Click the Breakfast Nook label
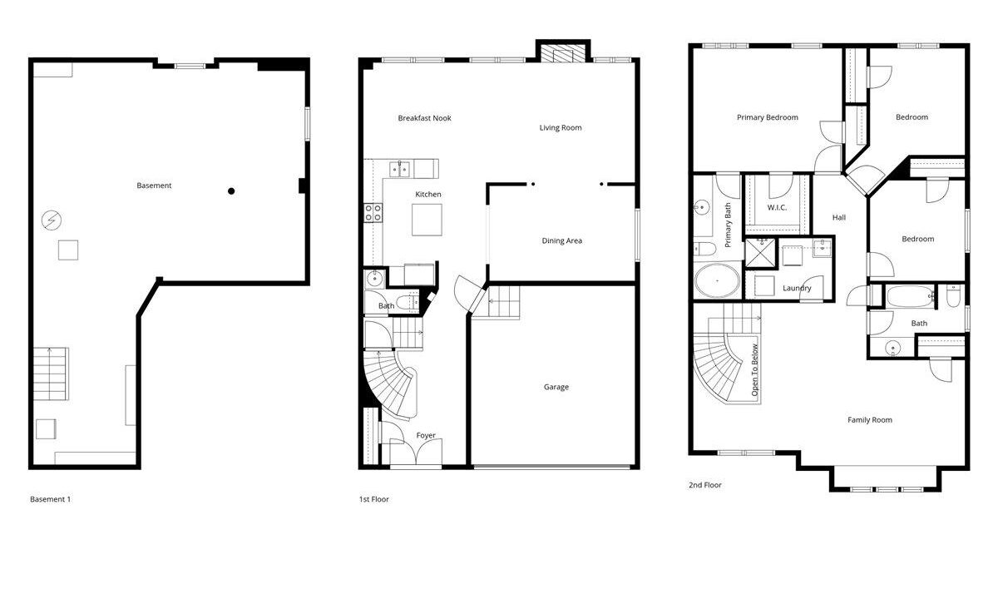[x=424, y=118]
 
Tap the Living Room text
[x=561, y=127]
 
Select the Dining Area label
[x=562, y=240]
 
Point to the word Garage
[x=556, y=387]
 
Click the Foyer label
[x=426, y=435]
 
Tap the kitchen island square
[x=427, y=220]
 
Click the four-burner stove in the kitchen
[x=373, y=213]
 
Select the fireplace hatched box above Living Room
[x=563, y=53]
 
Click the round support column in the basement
[x=231, y=191]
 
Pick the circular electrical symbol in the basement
[x=52, y=220]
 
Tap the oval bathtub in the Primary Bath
[x=717, y=281]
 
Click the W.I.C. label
[x=777, y=208]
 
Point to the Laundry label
[x=797, y=288]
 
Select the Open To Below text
[x=754, y=370]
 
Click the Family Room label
[x=870, y=420]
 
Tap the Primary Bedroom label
[x=767, y=117]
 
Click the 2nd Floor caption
[x=705, y=485]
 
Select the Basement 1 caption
[x=51, y=499]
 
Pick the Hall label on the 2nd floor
[x=839, y=217]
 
